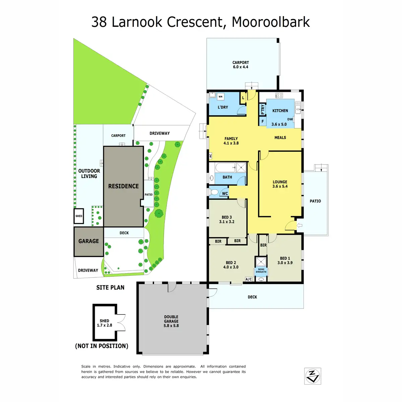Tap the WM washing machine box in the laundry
point(220,96)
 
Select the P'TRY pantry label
point(262,109)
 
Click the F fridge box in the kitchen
point(262,121)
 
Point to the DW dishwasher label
point(290,119)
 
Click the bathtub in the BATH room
point(226,167)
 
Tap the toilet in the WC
point(214,192)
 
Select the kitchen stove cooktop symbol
point(279,95)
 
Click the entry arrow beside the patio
point(299,225)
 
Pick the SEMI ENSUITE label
point(261,271)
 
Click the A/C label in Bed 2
point(249,279)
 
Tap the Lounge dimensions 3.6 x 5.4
point(280,186)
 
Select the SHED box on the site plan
point(79,216)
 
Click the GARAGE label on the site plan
point(88,241)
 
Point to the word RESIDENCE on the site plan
point(123,186)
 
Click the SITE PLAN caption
point(110,287)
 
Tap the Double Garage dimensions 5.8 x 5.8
point(171,325)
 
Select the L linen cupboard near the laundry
point(243,98)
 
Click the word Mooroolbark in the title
point(271,22)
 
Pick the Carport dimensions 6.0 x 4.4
point(241,67)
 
